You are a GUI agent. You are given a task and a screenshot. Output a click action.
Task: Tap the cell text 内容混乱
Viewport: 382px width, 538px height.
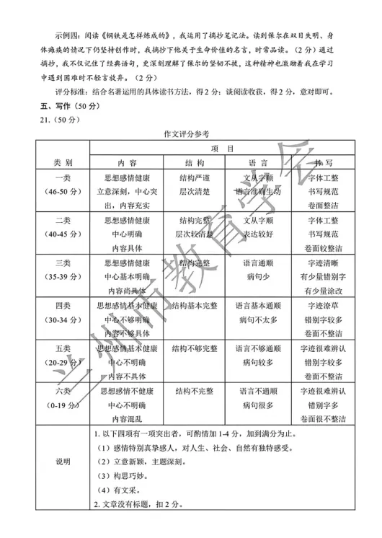(131, 418)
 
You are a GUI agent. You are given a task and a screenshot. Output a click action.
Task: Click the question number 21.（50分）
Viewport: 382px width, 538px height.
(43, 120)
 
